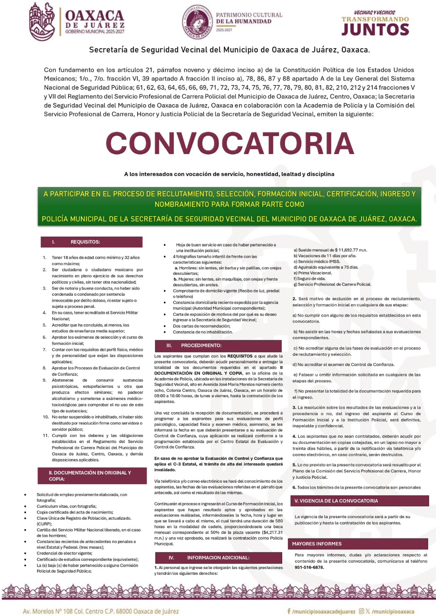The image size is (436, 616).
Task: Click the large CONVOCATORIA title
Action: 230,143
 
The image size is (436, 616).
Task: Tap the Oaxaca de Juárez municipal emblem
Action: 42,22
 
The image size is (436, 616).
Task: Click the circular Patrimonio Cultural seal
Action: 197,22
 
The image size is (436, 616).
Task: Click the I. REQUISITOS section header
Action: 91,242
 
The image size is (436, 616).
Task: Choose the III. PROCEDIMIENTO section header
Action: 218,345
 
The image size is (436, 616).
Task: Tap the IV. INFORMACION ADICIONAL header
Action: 218,557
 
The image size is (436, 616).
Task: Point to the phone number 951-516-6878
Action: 309,567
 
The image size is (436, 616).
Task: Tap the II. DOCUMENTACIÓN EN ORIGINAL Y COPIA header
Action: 92,476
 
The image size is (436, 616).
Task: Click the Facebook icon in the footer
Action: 289,611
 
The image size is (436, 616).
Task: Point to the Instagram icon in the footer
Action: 362,611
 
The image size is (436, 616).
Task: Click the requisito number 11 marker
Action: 45,435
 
